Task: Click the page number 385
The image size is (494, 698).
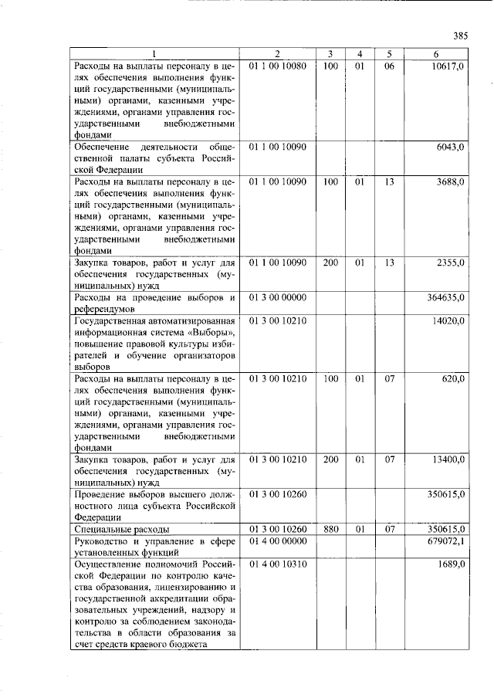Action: (x=461, y=36)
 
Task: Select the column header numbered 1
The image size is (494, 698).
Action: (x=154, y=53)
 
